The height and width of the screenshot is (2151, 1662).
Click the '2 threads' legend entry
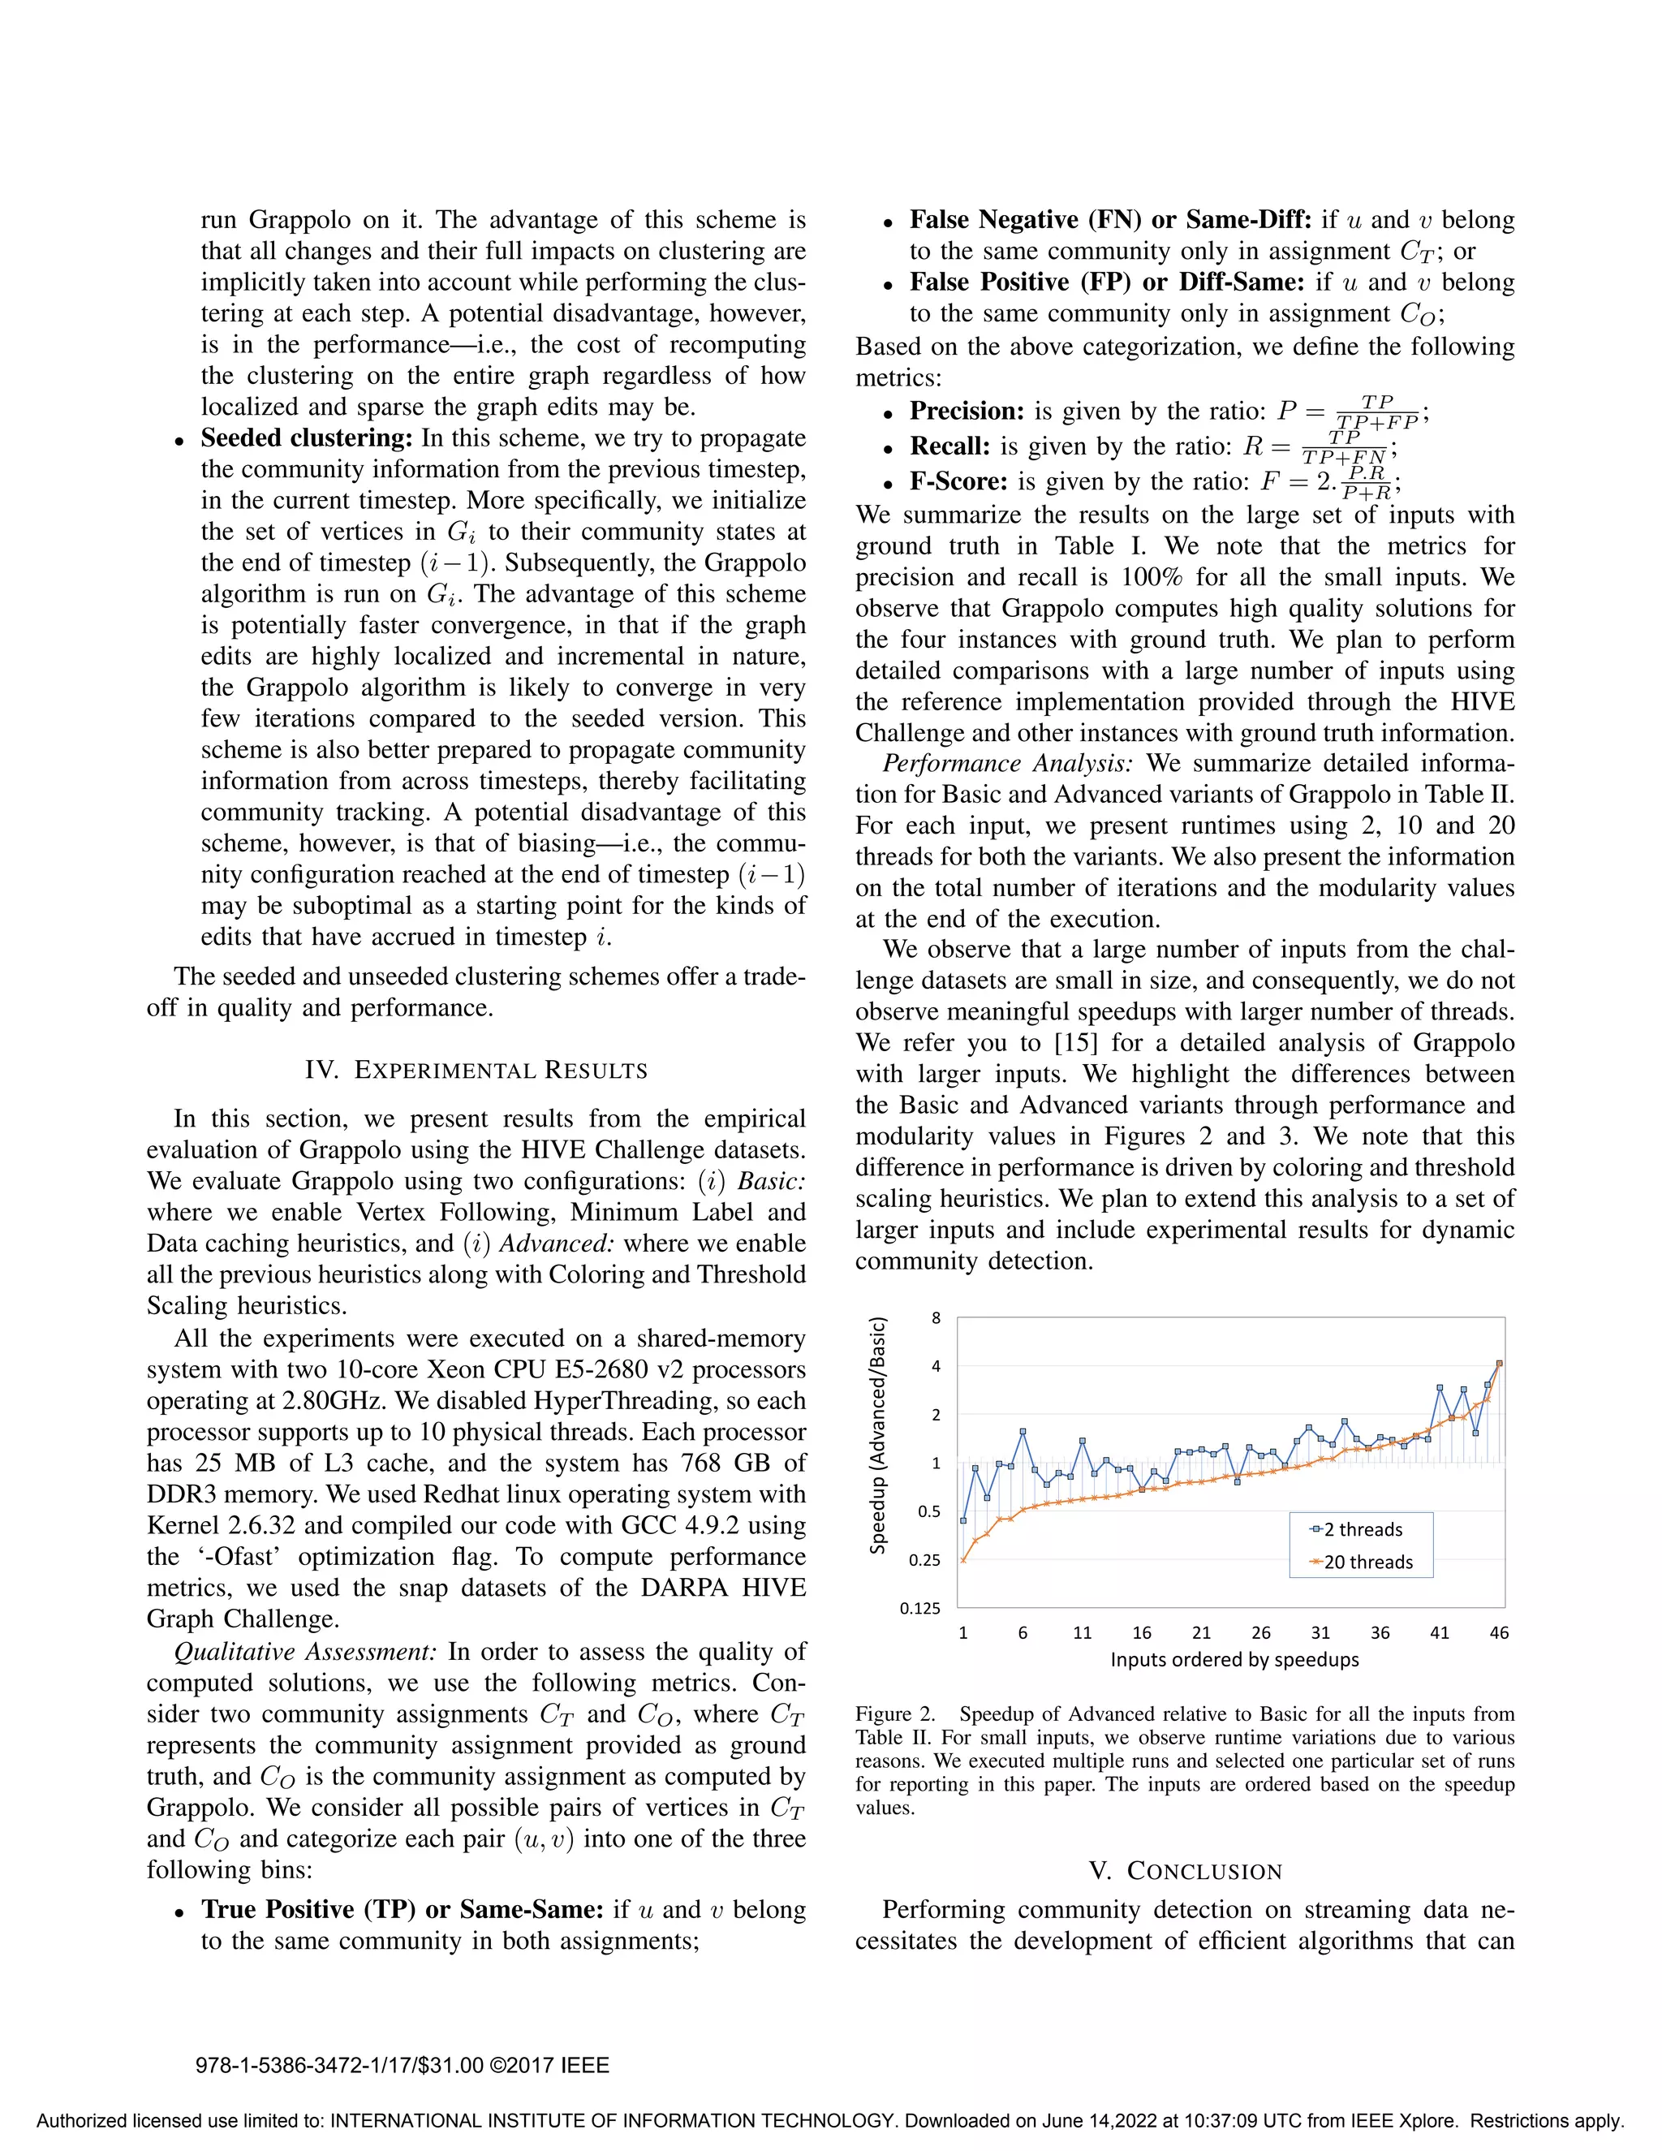click(x=1362, y=1529)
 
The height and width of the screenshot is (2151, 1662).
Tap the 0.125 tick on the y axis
click(x=919, y=1608)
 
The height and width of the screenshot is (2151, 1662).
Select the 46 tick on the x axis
click(x=1499, y=1633)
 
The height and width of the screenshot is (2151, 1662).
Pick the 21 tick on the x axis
click(x=1201, y=1633)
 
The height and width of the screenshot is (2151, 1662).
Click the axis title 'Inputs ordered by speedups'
click(x=1234, y=1660)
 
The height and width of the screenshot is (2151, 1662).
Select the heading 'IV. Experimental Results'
click(x=476, y=1071)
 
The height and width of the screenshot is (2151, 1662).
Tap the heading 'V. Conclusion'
click(x=1186, y=1871)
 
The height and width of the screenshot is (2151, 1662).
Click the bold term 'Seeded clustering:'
click(x=306, y=438)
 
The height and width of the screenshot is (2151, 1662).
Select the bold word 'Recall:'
click(x=950, y=447)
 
